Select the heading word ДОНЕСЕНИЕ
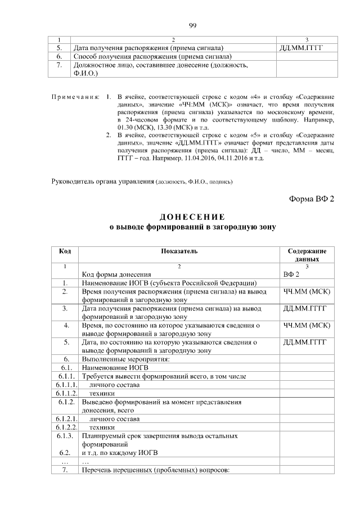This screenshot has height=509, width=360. click(x=192, y=217)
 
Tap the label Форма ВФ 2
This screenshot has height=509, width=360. click(x=312, y=199)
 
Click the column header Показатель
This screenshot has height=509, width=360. click(x=179, y=251)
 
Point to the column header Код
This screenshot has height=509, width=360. click(x=65, y=251)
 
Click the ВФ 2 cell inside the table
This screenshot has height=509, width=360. click(x=292, y=274)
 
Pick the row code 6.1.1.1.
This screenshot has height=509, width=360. click(x=65, y=385)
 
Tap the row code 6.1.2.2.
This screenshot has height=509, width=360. click(x=65, y=427)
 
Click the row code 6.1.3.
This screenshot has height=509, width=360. click(x=65, y=436)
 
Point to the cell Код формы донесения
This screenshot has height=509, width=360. click(x=116, y=274)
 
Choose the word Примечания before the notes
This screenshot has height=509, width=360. click(x=75, y=97)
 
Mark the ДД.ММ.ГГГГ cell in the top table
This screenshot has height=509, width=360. click(x=302, y=48)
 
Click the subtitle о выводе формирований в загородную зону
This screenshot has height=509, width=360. click(x=192, y=227)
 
